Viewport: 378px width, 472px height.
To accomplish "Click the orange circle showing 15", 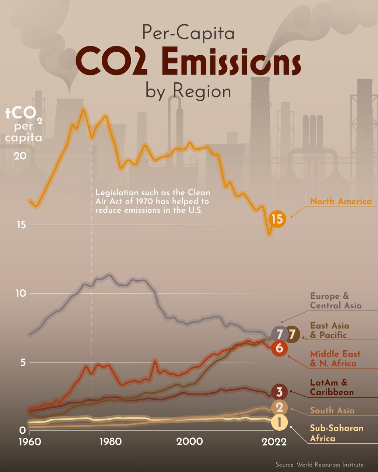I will click(x=277, y=219).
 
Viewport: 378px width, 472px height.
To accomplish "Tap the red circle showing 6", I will click(x=279, y=348).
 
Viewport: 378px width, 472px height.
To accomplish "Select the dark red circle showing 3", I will click(x=279, y=392).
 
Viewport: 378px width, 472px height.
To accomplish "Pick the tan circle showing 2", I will click(x=279, y=407).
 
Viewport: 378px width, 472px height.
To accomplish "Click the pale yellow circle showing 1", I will click(x=279, y=423).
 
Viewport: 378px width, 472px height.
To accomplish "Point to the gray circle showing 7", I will click(x=279, y=334).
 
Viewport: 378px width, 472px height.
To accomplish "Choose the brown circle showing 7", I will click(x=292, y=334).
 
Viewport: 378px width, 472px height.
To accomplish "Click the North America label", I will click(x=341, y=201).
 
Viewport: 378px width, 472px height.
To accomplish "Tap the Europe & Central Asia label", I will click(x=335, y=301).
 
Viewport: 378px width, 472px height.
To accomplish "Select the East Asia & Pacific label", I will click(x=329, y=330).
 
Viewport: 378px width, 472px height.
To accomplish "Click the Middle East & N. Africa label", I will click(x=335, y=358).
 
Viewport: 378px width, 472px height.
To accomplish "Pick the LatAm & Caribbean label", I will click(x=332, y=387).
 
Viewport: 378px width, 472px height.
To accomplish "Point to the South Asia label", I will click(x=332, y=410).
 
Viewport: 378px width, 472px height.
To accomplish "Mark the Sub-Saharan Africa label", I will click(x=336, y=433).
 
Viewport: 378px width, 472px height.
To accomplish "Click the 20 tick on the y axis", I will click(x=20, y=156).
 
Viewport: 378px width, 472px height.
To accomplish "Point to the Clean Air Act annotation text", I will click(x=153, y=202).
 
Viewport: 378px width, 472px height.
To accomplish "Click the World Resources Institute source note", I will click(x=319, y=465).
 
